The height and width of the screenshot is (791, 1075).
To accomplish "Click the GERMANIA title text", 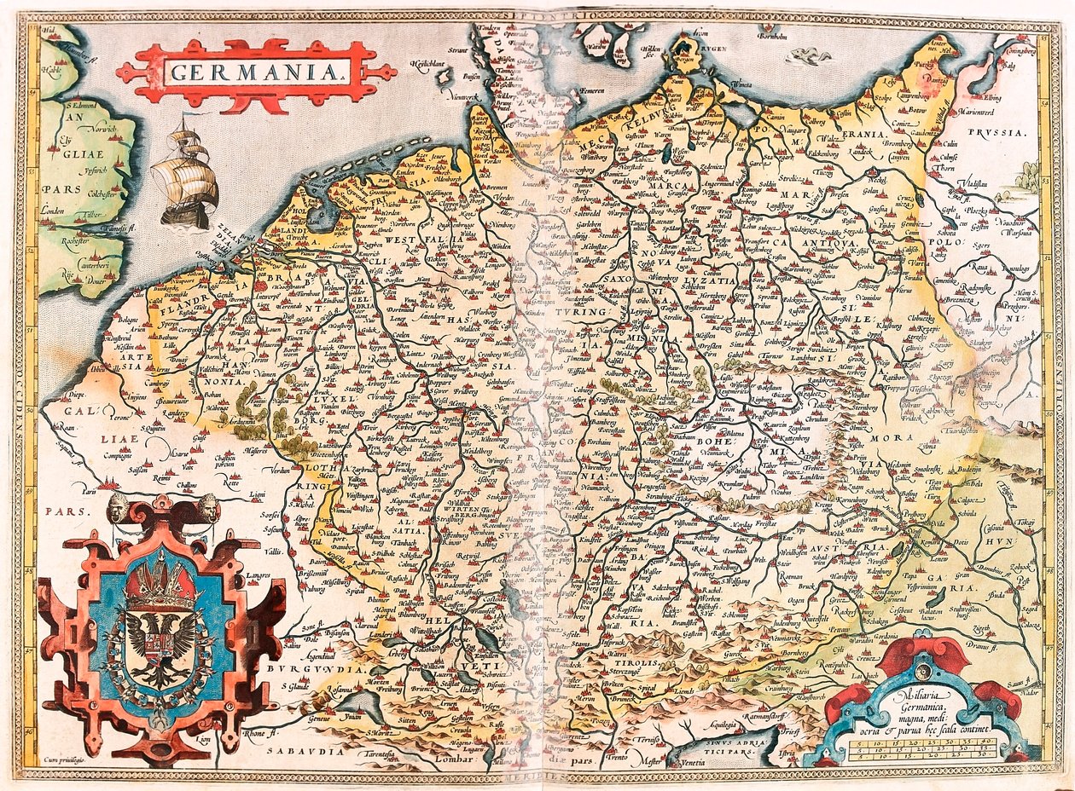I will click(254, 72).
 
